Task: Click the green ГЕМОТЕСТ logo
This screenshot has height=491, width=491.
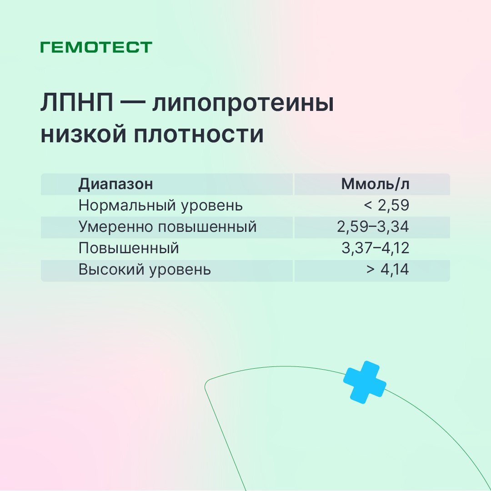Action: (96, 47)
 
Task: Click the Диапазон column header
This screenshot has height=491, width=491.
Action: (115, 184)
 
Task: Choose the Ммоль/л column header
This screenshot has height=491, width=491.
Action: (375, 184)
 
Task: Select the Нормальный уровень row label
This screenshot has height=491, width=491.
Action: (160, 205)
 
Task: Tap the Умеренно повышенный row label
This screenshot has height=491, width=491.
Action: (167, 227)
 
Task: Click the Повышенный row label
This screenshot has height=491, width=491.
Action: (129, 248)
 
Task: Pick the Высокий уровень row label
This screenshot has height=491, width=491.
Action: (145, 270)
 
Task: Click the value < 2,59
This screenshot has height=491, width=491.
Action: (386, 205)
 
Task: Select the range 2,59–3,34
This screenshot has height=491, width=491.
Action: (373, 227)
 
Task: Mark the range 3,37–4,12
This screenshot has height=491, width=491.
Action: (376, 248)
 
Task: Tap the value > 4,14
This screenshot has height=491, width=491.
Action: (388, 270)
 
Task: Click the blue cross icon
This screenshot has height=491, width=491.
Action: (365, 382)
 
